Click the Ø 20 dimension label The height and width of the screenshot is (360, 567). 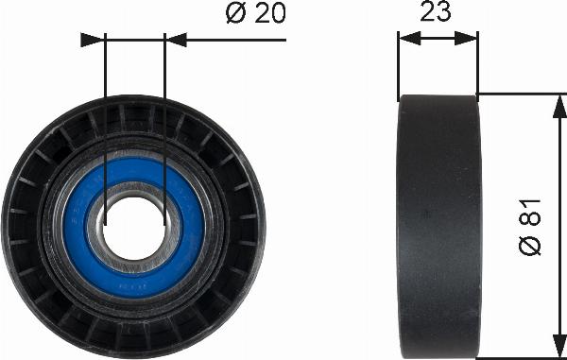(256, 13)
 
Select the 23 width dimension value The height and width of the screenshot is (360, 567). (436, 10)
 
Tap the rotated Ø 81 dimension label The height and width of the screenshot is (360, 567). (530, 228)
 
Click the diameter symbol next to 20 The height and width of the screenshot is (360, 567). (236, 13)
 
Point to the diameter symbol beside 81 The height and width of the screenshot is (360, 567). (530, 246)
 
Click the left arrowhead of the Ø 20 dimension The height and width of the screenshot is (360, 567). (93, 40)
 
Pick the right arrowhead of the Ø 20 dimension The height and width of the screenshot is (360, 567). (176, 40)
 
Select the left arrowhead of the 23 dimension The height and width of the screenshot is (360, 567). (409, 39)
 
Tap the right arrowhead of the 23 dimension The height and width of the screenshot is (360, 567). (466, 39)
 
